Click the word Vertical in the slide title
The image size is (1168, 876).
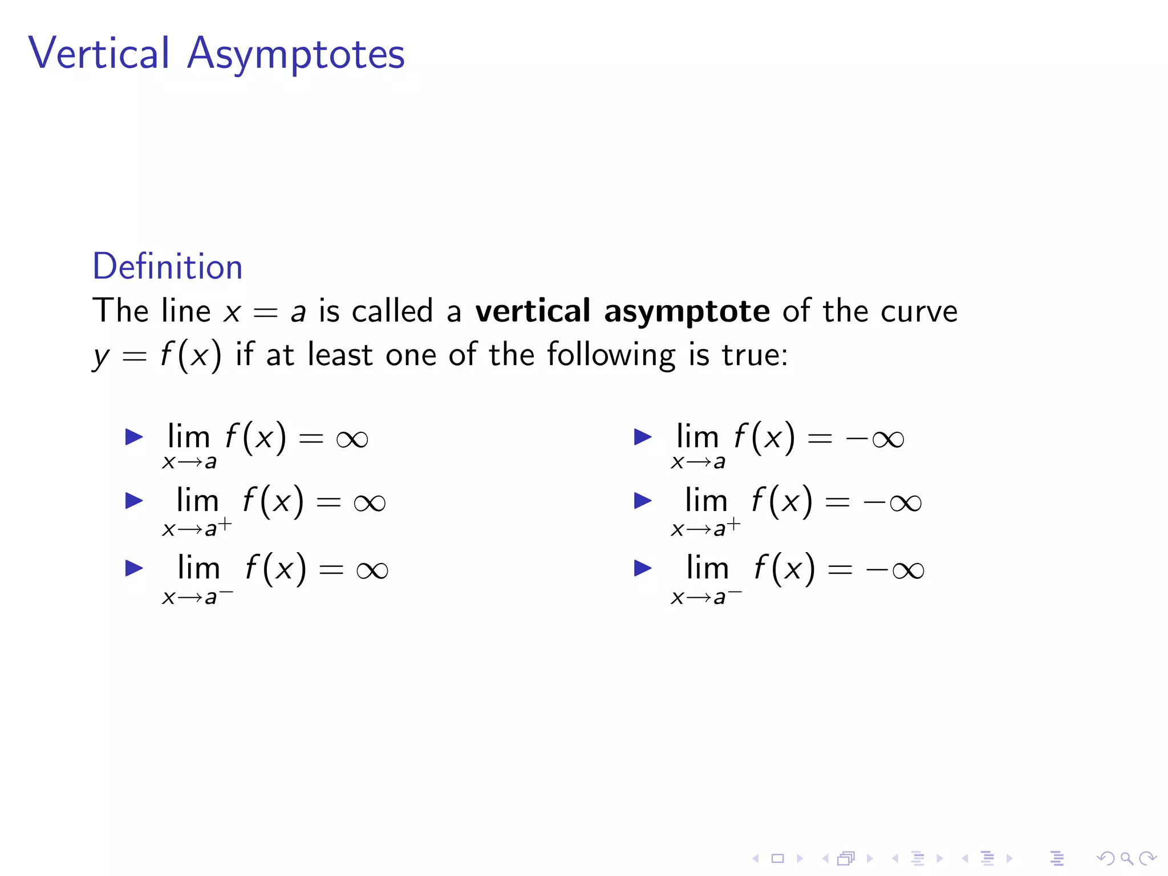tap(99, 53)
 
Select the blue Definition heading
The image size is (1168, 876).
tap(167, 266)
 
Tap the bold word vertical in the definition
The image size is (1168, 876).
tap(533, 311)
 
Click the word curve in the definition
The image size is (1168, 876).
tap(919, 312)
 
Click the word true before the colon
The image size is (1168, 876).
tap(751, 355)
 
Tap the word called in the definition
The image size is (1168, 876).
tap(392, 311)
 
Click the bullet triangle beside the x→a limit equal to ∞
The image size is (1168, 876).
tap(134, 437)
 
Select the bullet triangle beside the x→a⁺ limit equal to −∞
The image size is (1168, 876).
tap(643, 501)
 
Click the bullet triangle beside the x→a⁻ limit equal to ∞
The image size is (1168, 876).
tap(134, 568)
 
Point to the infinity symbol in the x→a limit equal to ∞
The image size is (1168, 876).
tap(352, 439)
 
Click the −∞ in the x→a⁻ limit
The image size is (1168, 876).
tap(895, 570)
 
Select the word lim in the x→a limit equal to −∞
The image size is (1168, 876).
tap(697, 437)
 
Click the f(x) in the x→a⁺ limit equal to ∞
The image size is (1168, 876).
tap(273, 501)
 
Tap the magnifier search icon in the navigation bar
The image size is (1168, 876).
tap(1126, 858)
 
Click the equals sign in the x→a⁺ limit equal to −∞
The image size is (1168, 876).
tap(837, 502)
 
